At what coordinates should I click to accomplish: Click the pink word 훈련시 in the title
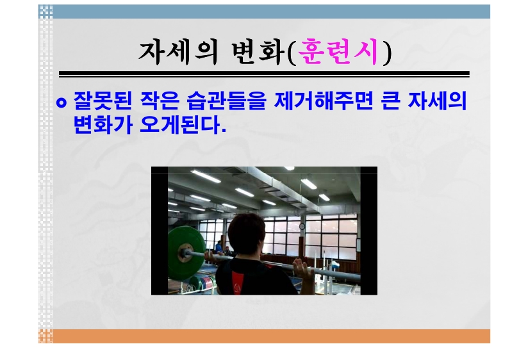pyautogui.click(x=338, y=52)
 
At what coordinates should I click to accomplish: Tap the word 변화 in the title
pyautogui.click(x=257, y=52)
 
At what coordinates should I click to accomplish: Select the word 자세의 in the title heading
pyautogui.click(x=178, y=52)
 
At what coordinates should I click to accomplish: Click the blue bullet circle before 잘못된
pyautogui.click(x=62, y=102)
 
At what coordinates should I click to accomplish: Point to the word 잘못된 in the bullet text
pyautogui.click(x=103, y=101)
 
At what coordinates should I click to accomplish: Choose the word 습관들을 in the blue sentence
pyautogui.click(x=227, y=101)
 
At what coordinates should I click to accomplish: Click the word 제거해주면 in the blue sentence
pyautogui.click(x=324, y=101)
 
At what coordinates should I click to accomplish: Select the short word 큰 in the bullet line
pyautogui.click(x=391, y=101)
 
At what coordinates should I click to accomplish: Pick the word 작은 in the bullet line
pyautogui.click(x=160, y=101)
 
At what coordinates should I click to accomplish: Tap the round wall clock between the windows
pyautogui.click(x=302, y=226)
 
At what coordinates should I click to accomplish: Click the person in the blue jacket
pyautogui.click(x=219, y=248)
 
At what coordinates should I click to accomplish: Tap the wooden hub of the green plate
pyautogui.click(x=185, y=252)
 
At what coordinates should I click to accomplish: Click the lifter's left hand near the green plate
pyautogui.click(x=211, y=258)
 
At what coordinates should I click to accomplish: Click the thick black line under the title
pyautogui.click(x=265, y=73)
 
